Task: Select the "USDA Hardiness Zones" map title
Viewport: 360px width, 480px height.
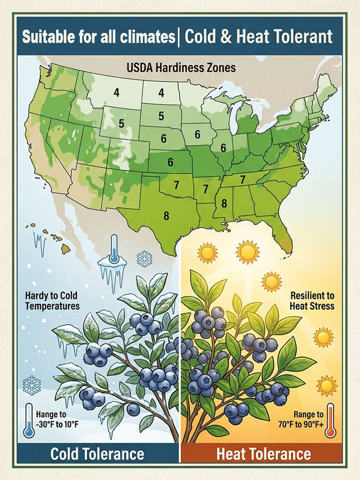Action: click(x=181, y=67)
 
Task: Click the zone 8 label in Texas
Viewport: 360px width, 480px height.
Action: click(x=167, y=216)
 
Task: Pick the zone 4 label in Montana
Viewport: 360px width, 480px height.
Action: click(x=117, y=93)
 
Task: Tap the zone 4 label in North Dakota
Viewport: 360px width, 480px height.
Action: click(x=161, y=93)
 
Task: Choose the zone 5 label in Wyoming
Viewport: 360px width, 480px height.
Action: click(x=121, y=123)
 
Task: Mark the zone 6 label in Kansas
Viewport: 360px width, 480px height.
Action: click(x=170, y=162)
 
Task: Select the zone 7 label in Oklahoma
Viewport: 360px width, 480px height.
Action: click(x=176, y=184)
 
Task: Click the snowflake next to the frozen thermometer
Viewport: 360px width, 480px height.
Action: click(x=144, y=259)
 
